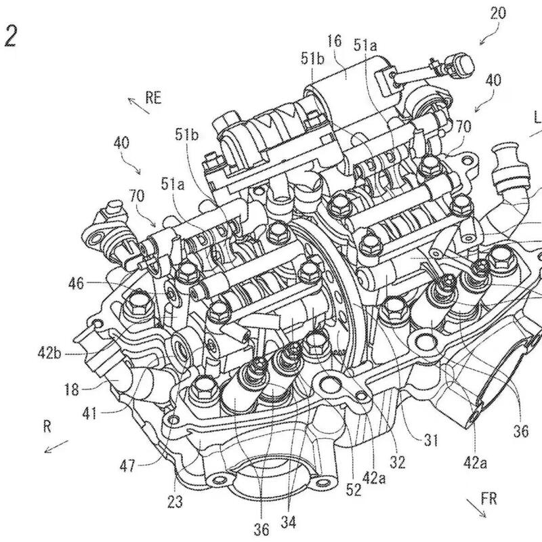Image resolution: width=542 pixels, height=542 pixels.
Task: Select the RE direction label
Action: point(154,98)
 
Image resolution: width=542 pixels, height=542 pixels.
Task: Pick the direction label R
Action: point(47,428)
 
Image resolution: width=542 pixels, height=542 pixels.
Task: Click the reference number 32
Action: point(398,463)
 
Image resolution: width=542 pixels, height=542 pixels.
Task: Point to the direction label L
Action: point(537,117)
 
